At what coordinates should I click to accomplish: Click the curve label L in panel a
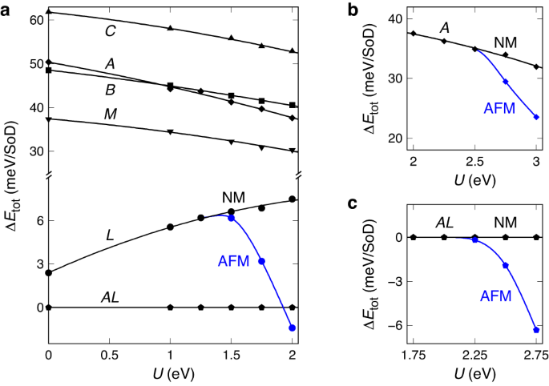[x=111, y=235]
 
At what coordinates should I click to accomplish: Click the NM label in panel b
[x=505, y=42]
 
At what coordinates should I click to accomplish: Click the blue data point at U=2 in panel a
[x=293, y=328]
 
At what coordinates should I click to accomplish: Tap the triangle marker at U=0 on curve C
[x=50, y=12]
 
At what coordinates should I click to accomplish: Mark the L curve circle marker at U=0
[x=50, y=272]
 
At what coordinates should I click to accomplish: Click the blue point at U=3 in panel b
[x=536, y=117]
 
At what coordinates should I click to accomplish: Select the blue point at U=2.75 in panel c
[x=536, y=330]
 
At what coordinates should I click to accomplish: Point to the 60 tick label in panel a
[x=34, y=19]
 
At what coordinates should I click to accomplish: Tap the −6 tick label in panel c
[x=393, y=326]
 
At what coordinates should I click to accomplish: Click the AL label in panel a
[x=111, y=297]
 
